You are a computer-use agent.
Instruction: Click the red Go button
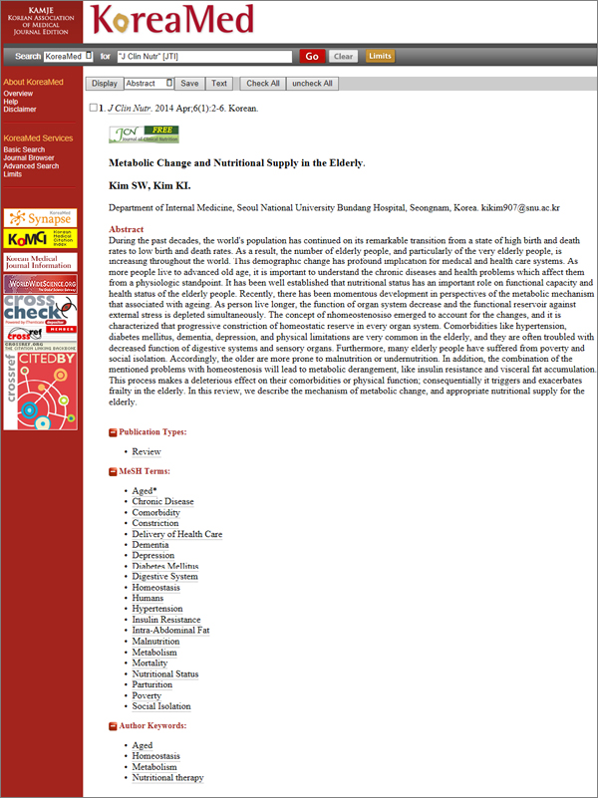pyautogui.click(x=312, y=57)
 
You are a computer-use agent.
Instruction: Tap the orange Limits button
pyautogui.click(x=380, y=57)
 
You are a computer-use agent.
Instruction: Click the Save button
pyautogui.click(x=189, y=84)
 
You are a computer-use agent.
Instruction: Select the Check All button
pyautogui.click(x=263, y=84)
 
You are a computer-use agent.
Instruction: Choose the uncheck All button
pyautogui.click(x=313, y=84)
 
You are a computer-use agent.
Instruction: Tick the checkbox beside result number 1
pyautogui.click(x=94, y=108)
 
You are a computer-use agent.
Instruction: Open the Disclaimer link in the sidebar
pyautogui.click(x=20, y=110)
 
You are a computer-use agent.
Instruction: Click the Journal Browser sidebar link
pyautogui.click(x=29, y=157)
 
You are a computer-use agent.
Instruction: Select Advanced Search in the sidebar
pyautogui.click(x=31, y=166)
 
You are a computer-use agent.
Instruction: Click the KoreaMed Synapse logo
pyautogui.click(x=41, y=217)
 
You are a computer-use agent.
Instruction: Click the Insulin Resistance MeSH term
pyautogui.click(x=165, y=619)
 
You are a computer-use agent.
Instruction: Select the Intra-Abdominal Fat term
pyautogui.click(x=170, y=630)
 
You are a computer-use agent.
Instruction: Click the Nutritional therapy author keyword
pyautogui.click(x=167, y=778)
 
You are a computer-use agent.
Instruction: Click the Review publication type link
pyautogui.click(x=147, y=451)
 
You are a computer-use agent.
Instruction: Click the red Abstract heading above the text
pyautogui.click(x=126, y=229)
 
